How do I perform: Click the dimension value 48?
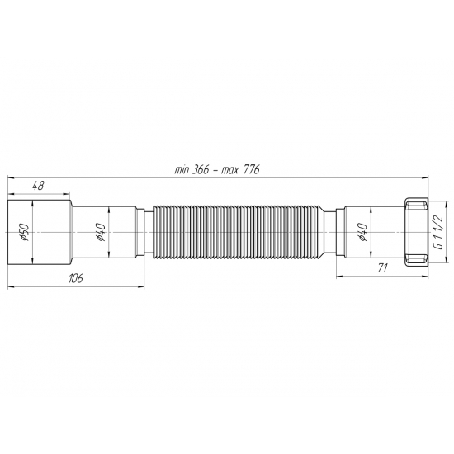click(x=40, y=187)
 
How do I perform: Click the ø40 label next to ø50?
click(x=100, y=234)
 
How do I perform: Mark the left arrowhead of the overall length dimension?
click(x=11, y=177)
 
